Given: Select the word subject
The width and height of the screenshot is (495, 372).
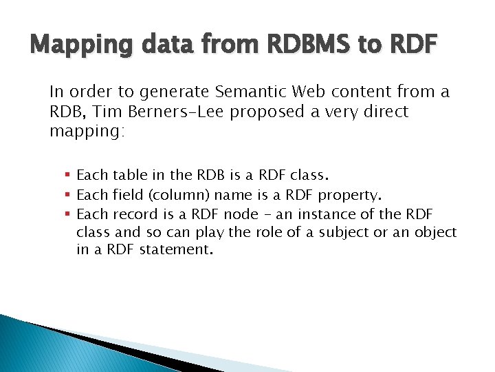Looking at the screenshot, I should [x=342, y=232].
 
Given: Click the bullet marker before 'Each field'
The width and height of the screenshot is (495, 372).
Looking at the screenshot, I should [x=68, y=195].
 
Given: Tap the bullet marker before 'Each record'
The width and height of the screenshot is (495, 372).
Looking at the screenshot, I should [x=68, y=214].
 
